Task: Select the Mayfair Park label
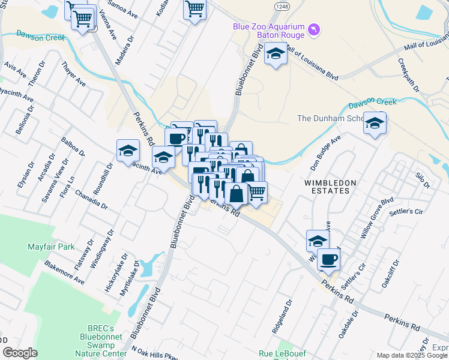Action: [x=51, y=247]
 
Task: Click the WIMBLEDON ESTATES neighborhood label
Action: [x=330, y=187]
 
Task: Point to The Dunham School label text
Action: [x=330, y=118]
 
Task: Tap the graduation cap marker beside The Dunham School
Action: [x=375, y=124]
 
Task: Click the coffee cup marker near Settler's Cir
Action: [x=328, y=259]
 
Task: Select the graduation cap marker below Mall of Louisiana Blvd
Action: [x=276, y=55]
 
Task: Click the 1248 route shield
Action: [x=283, y=5]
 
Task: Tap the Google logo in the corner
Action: [x=20, y=353]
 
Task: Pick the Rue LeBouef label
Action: [x=282, y=354]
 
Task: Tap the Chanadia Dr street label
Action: [x=91, y=200]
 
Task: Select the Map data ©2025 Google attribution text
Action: [x=412, y=355]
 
